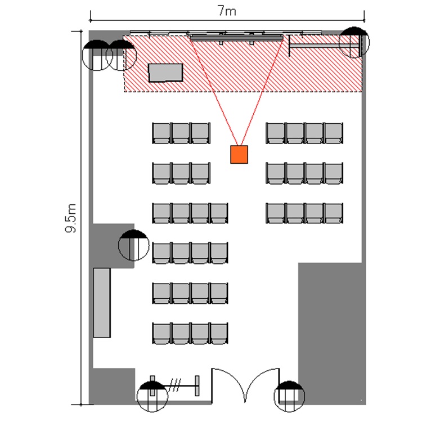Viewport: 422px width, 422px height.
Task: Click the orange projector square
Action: click(239, 155)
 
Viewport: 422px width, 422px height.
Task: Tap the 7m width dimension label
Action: click(227, 11)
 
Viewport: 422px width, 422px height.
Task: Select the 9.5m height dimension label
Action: click(71, 218)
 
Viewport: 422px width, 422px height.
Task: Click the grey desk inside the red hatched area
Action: click(165, 73)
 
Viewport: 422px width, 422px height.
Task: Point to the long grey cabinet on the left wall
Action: click(102, 303)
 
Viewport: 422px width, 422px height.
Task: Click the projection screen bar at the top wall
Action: click(236, 37)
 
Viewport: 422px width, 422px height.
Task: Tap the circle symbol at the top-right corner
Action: click(354, 42)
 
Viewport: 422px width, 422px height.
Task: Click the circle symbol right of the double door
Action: click(289, 396)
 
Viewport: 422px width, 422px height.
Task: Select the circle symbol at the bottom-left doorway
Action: click(152, 397)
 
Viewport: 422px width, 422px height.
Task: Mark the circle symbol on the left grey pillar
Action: click(134, 245)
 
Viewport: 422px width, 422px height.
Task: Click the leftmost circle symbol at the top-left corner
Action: click(97, 55)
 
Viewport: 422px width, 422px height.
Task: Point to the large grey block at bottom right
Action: click(332, 334)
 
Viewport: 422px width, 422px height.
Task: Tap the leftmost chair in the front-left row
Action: click(161, 133)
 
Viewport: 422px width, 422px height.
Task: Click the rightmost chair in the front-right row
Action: click(334, 133)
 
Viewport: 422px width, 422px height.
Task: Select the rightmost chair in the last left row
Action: click(218, 334)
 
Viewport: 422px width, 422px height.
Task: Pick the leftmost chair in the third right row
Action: click(276, 213)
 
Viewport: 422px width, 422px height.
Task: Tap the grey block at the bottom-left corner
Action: click(113, 386)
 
